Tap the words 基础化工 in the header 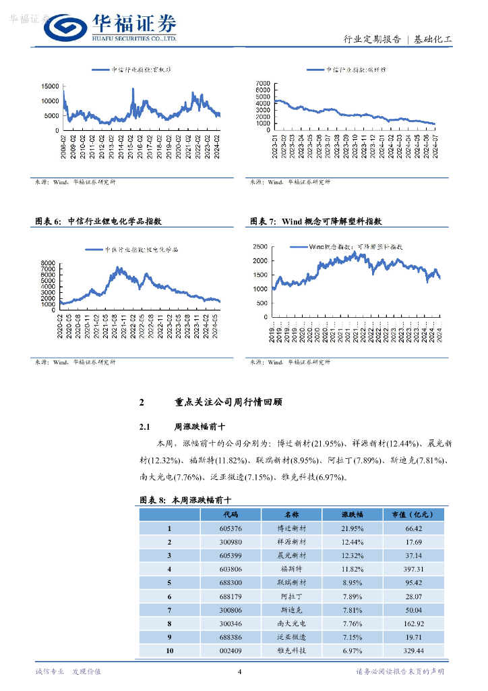click(x=433, y=40)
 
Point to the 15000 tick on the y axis click(x=50, y=86)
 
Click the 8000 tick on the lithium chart click(x=47, y=262)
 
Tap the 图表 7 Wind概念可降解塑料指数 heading click(x=316, y=221)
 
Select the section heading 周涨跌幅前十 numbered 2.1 click(x=185, y=426)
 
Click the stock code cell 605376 click(x=231, y=528)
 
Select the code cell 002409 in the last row click(x=231, y=651)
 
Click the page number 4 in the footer click(x=240, y=671)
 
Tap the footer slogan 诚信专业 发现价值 click(x=67, y=671)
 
